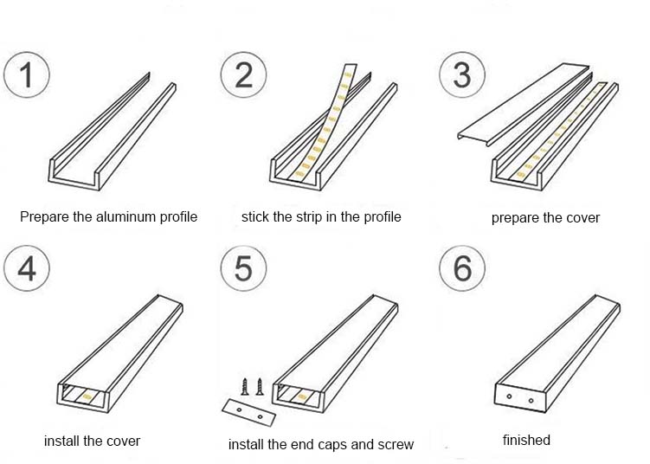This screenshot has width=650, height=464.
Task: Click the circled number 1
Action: coord(26,74)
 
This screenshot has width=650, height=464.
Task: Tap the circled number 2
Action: coord(243,74)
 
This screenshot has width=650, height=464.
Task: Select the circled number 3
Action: coord(462,74)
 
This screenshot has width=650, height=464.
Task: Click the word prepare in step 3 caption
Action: coord(514,217)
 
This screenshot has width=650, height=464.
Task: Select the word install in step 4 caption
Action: coord(62,441)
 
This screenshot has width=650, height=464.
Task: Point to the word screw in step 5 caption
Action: coord(395,444)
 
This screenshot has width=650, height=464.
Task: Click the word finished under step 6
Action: coord(526,440)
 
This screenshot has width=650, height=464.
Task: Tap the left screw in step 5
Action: coord(243,385)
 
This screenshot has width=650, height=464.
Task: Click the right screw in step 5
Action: coord(258,385)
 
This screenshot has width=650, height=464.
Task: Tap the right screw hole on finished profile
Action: coord(528,398)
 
